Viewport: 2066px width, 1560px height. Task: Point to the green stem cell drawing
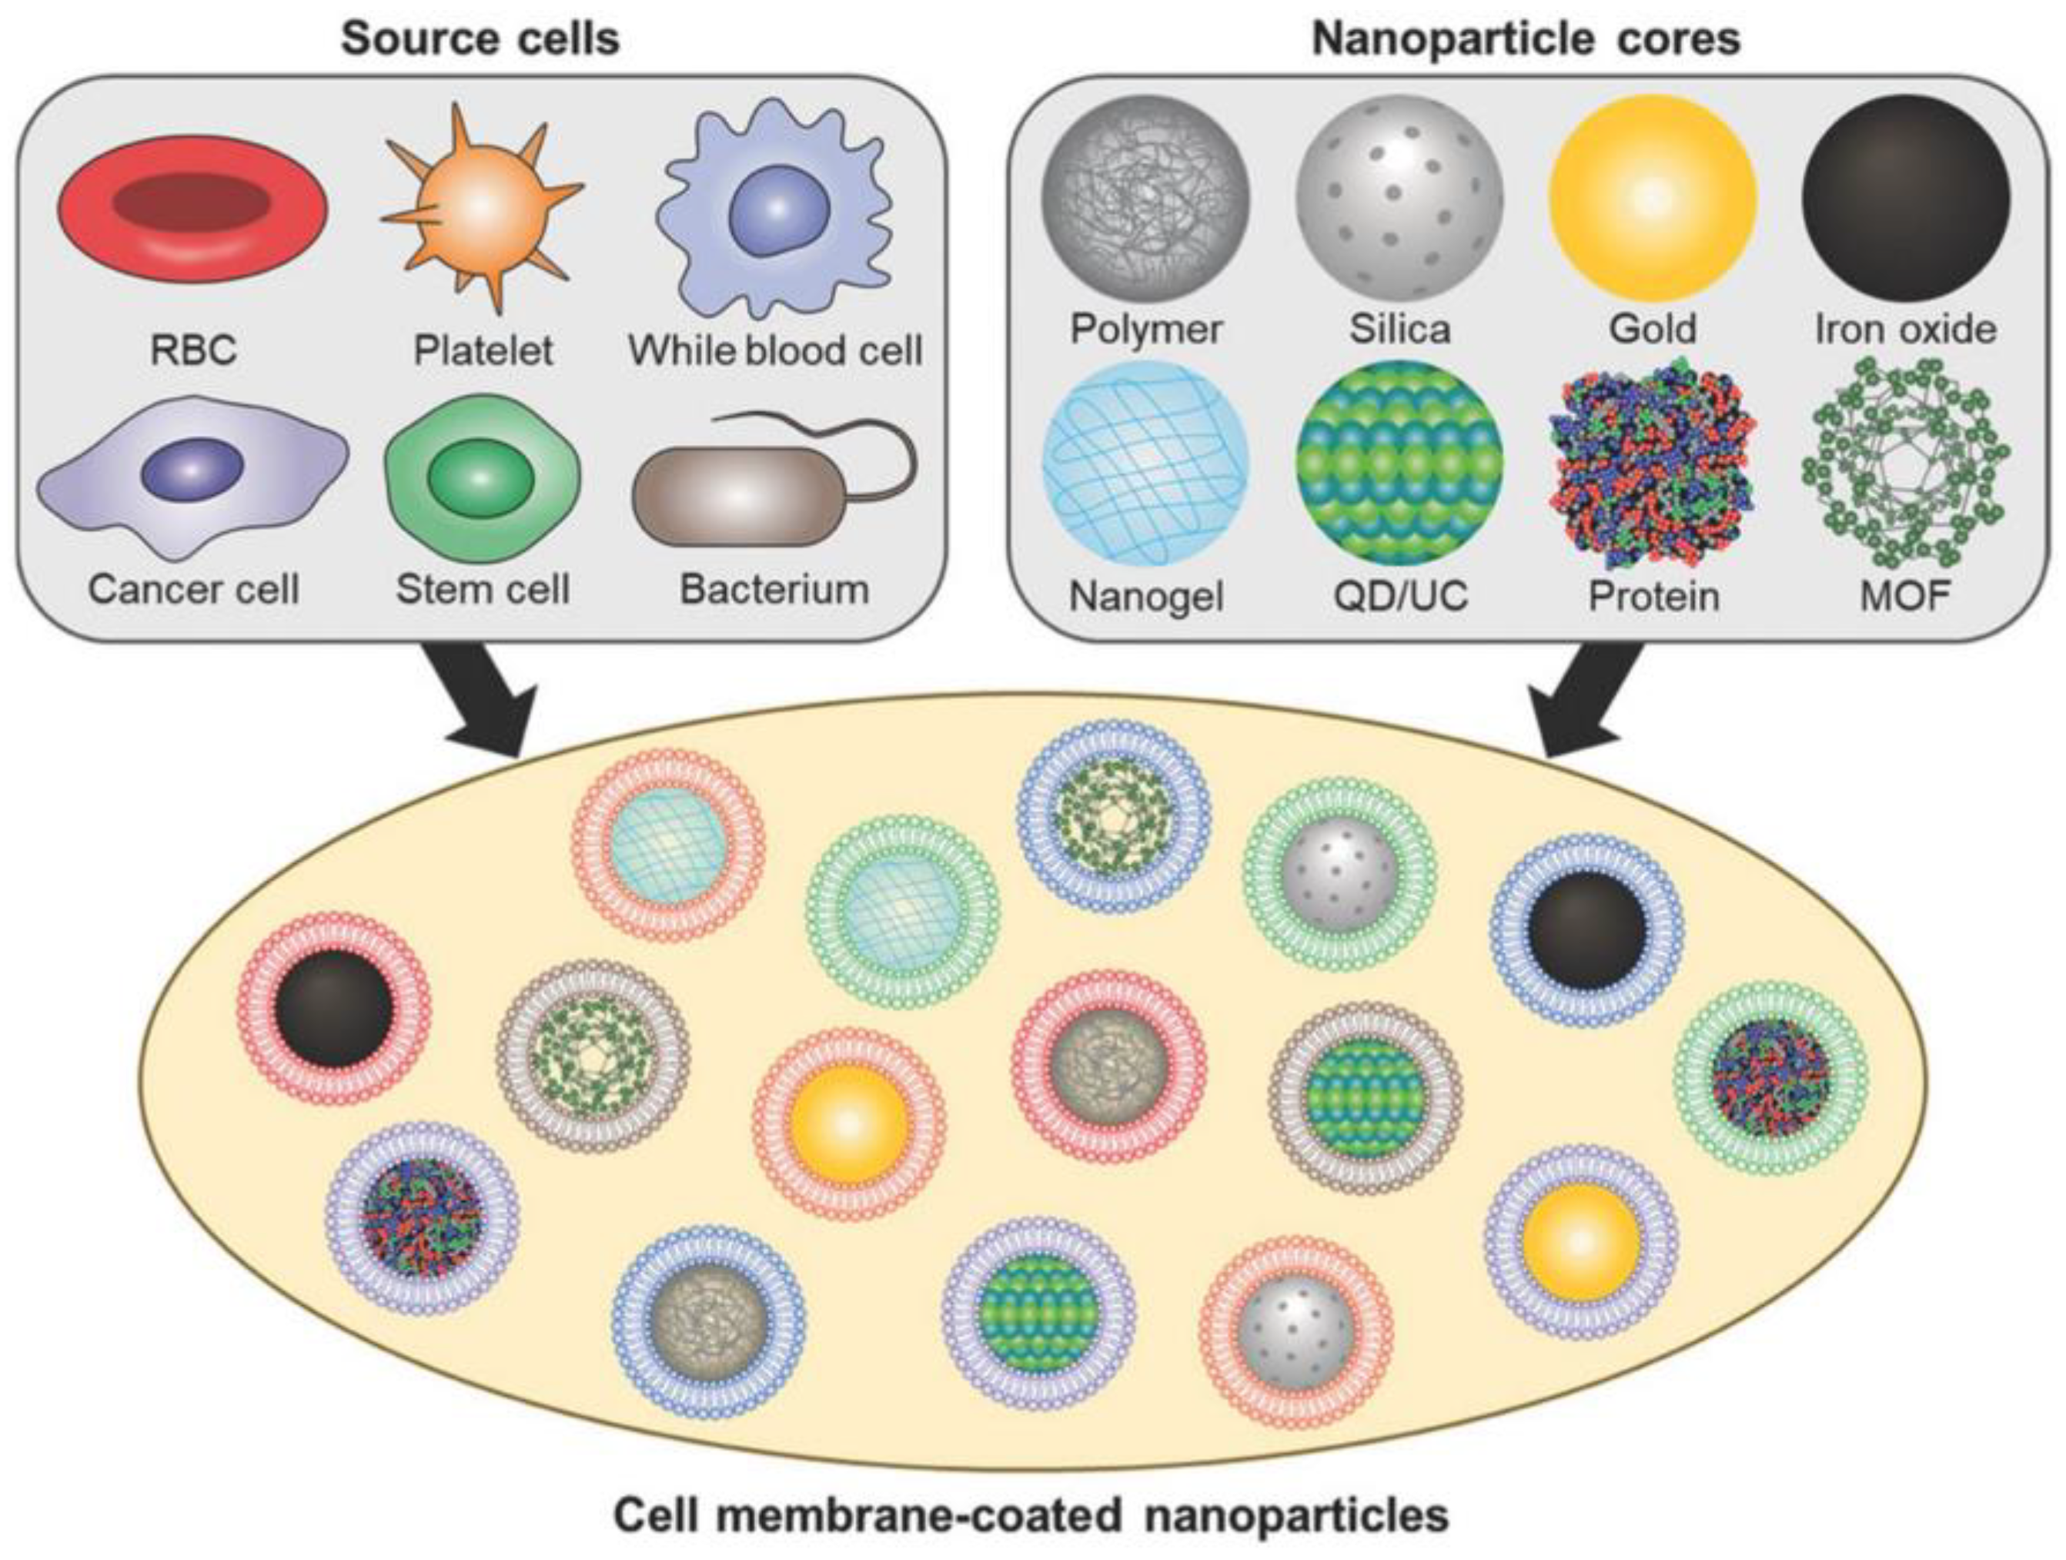click(x=482, y=478)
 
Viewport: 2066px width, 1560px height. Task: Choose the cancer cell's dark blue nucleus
click(x=192, y=468)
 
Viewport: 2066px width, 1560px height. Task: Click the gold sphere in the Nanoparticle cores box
click(x=1652, y=198)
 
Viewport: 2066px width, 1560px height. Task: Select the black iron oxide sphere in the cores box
click(x=1905, y=198)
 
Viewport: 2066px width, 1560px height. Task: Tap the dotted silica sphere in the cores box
click(x=1399, y=198)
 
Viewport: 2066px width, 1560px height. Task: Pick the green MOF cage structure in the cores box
click(x=1905, y=461)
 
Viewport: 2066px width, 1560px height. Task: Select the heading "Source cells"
click(x=480, y=39)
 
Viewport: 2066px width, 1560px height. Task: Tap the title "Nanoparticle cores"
click(x=1526, y=39)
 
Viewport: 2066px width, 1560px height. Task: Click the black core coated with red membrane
click(x=333, y=1008)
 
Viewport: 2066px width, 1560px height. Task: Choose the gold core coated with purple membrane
click(x=1580, y=1243)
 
